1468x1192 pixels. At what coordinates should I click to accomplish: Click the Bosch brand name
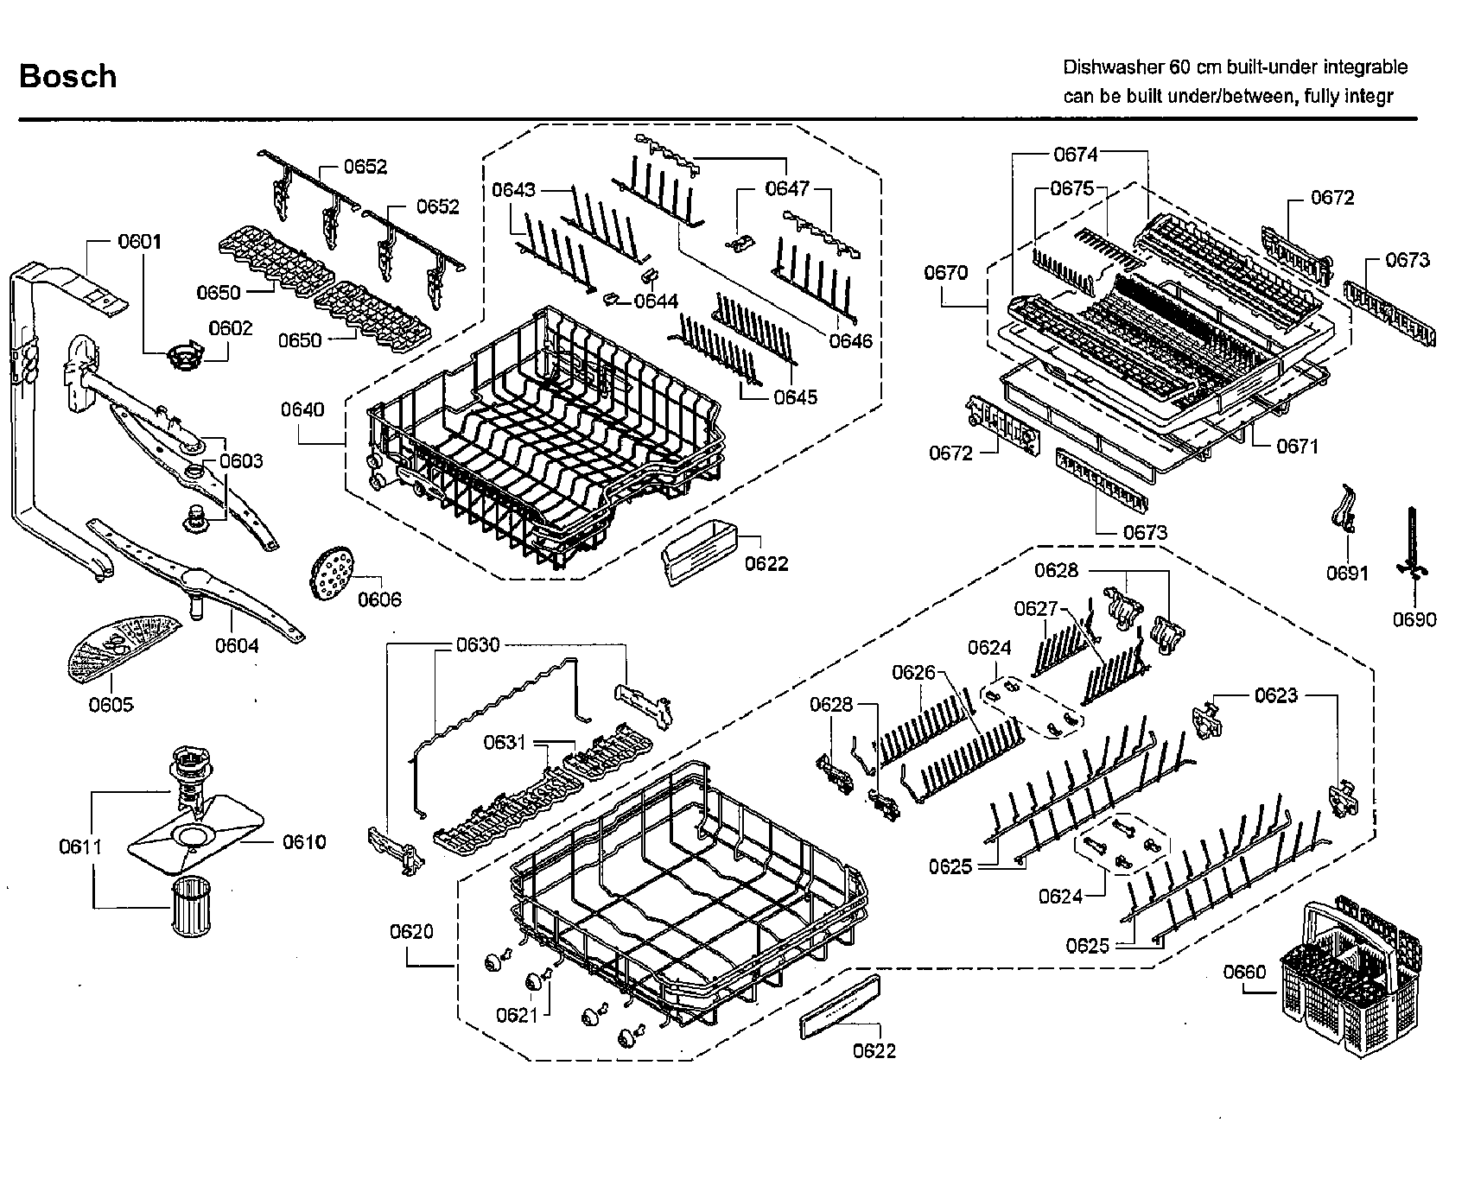pos(67,76)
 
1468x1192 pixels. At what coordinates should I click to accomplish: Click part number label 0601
pos(139,241)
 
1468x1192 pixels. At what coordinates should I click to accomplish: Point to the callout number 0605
pos(111,705)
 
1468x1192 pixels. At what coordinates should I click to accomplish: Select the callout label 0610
pos(304,841)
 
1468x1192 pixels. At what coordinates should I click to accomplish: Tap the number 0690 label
pos(1414,619)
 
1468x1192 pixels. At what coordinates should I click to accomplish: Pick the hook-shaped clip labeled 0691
pos(1342,509)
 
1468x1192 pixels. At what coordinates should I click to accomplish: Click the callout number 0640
pos(302,409)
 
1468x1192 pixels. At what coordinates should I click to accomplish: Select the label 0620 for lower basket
pos(411,931)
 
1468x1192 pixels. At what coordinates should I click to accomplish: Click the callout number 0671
pos(1297,446)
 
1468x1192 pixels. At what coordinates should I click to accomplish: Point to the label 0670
pos(946,272)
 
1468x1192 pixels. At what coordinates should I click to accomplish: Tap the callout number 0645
pos(796,397)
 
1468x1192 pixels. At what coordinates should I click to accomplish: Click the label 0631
pos(505,742)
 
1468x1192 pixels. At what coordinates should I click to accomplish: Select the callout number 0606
pos(379,599)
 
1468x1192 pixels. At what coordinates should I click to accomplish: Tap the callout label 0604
pos(237,645)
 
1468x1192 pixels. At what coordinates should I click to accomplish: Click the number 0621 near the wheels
pos(518,1015)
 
